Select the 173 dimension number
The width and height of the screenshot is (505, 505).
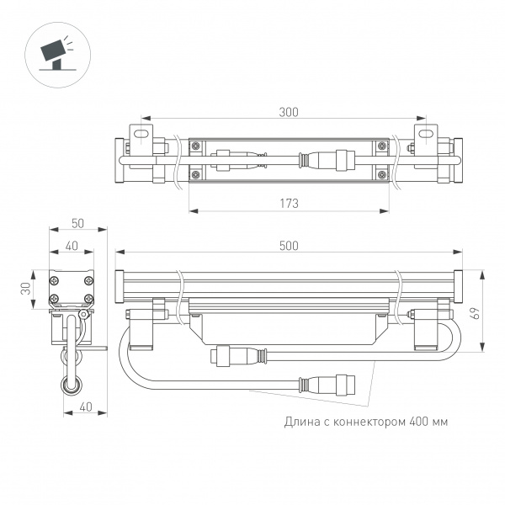[289, 204]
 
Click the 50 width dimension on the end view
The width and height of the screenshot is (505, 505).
[78, 223]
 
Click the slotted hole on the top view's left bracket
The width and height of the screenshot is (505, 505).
[143, 134]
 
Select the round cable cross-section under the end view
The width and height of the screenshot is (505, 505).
[70, 387]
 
